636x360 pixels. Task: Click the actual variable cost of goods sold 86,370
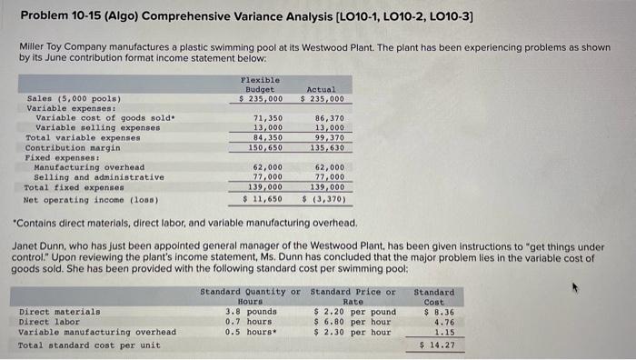pos(329,118)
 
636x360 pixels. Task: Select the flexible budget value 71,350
pos(266,118)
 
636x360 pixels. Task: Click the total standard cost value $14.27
pos(440,345)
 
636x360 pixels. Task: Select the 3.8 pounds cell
pos(244,312)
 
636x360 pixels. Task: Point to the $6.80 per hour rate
pos(352,322)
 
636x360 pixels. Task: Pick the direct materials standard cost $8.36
pos(440,312)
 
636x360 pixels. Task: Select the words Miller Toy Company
pos(60,45)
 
